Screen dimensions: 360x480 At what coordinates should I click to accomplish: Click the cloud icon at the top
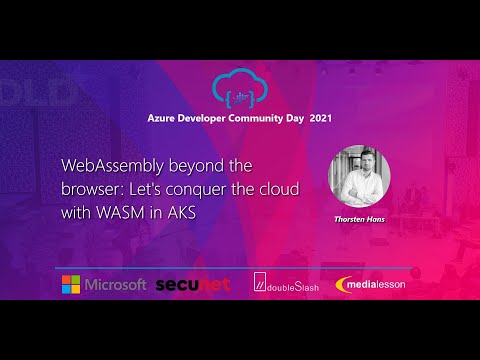[x=241, y=88]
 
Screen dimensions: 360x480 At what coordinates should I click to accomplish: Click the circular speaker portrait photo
[x=359, y=176]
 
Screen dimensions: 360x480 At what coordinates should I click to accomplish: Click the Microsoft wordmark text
[x=116, y=285]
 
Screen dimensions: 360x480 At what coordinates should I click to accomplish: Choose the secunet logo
[x=193, y=285]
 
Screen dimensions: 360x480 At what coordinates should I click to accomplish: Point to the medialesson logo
[x=372, y=285]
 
